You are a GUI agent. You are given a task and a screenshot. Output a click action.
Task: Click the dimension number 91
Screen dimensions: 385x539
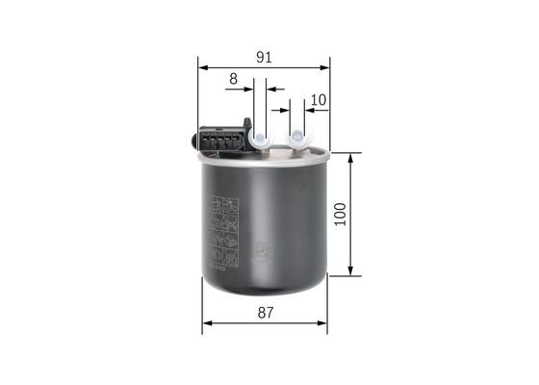click(263, 57)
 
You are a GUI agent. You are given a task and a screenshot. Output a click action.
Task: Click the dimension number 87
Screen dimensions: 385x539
click(266, 313)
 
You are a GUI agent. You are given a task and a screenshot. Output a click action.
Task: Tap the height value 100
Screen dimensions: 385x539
click(339, 214)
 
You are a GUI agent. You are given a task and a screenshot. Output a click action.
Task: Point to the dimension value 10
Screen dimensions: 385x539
click(320, 99)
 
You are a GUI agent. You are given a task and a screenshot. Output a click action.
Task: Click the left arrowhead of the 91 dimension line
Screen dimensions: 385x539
click(202, 67)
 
